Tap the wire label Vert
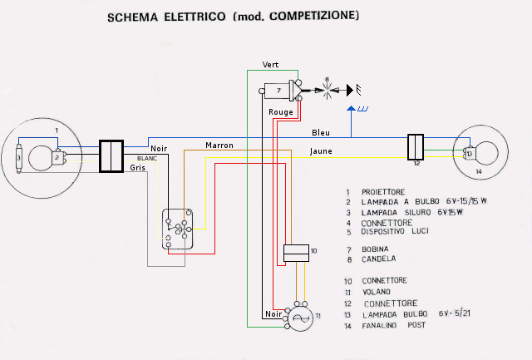pos(270,64)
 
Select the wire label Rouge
pos(279,111)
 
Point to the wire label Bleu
pos(321,132)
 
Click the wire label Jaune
pos(322,151)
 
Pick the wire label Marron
pos(219,145)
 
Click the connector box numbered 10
pos(295,253)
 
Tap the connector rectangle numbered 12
pos(416,147)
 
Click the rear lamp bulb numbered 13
pos(470,153)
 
